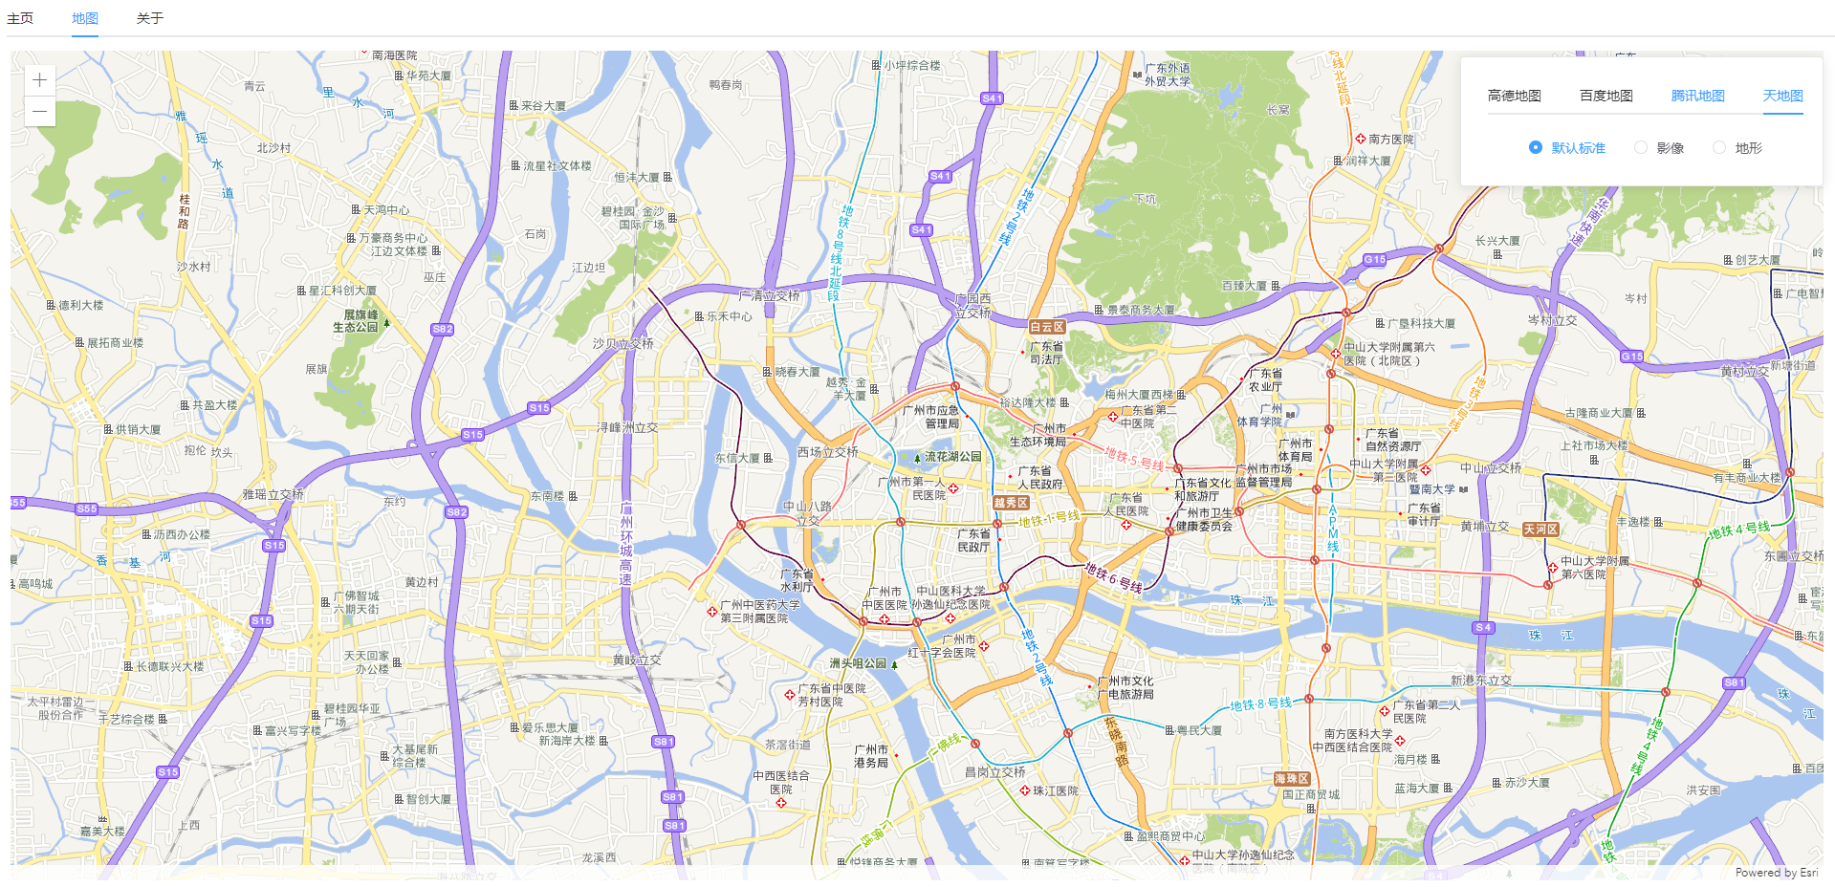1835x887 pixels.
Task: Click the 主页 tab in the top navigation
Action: (x=20, y=18)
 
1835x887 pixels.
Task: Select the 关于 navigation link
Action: (x=150, y=18)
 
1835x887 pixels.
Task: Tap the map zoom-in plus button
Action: (x=39, y=80)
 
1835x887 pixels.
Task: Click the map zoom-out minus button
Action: (x=39, y=112)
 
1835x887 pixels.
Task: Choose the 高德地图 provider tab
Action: (x=1514, y=96)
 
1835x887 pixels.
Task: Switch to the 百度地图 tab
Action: (x=1606, y=96)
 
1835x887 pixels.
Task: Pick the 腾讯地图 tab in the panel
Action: (x=1697, y=96)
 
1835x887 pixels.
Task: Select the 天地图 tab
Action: (x=1782, y=96)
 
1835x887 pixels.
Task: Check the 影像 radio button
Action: (x=1641, y=147)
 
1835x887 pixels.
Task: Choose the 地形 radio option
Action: (x=1719, y=147)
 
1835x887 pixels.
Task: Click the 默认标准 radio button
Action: (x=1536, y=147)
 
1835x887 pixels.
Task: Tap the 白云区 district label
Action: (x=1047, y=327)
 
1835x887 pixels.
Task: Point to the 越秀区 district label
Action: (x=1010, y=503)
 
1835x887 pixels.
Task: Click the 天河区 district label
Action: (x=1540, y=530)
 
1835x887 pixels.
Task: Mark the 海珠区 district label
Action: (x=1291, y=779)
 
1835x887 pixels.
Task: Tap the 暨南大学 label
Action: (x=1431, y=489)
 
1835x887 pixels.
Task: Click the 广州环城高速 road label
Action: (x=626, y=543)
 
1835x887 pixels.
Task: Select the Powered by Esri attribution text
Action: (x=1776, y=873)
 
